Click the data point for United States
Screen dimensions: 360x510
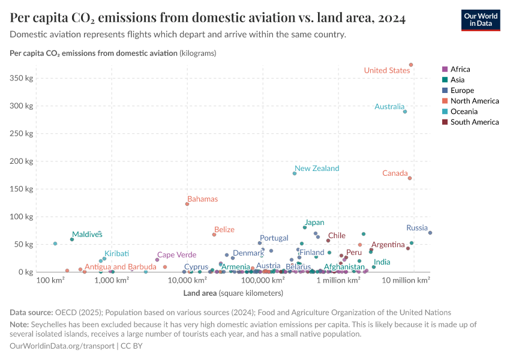tap(411, 65)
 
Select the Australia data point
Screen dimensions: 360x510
tap(405, 112)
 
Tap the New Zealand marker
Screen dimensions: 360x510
tap(295, 173)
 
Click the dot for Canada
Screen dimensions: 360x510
tap(410, 178)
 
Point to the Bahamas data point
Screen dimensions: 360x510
tap(187, 204)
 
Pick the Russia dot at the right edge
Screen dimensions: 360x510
tap(430, 233)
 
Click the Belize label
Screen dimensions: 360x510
tap(224, 230)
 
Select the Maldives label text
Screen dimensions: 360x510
tap(87, 234)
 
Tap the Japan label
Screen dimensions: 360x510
tap(314, 223)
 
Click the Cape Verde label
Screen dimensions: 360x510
tap(176, 255)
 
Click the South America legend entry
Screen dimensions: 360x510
tap(474, 122)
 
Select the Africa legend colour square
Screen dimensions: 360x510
tap(444, 70)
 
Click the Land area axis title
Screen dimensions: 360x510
tap(233, 293)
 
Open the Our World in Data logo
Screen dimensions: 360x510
tap(481, 19)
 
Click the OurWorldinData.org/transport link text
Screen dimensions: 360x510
tap(63, 346)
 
